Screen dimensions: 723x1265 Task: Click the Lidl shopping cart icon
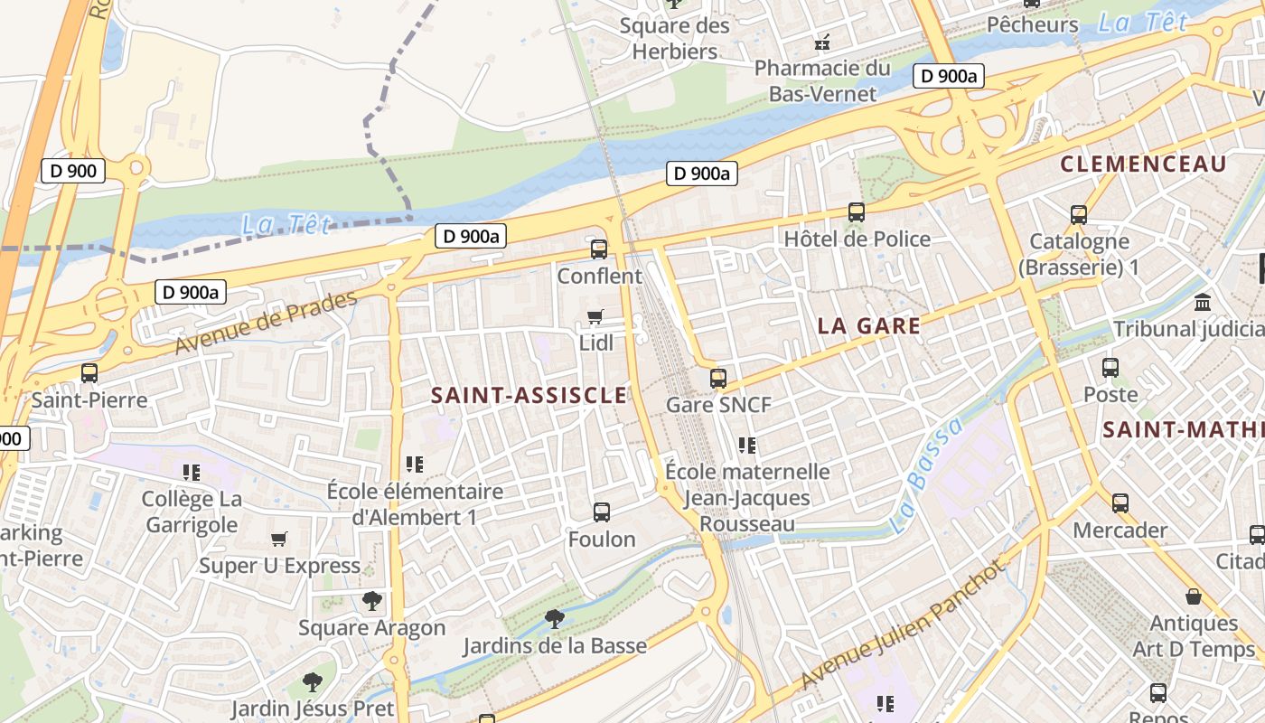coord(595,316)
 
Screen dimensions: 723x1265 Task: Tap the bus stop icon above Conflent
coord(598,249)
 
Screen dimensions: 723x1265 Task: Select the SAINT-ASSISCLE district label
coord(529,395)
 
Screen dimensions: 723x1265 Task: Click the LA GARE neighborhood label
coord(868,326)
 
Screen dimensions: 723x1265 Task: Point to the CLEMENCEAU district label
coord(1143,164)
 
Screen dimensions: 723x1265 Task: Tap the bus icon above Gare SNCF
coord(718,378)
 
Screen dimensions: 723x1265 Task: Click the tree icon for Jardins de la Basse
coord(555,619)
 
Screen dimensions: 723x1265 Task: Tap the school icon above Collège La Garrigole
coord(191,472)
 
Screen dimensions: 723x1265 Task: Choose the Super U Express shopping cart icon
coord(279,540)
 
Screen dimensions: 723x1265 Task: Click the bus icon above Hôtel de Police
coord(857,212)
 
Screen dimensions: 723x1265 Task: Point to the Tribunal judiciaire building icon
coord(1203,302)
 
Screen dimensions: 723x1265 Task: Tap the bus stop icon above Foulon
coord(602,512)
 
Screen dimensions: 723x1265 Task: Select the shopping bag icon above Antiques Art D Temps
coord(1194,596)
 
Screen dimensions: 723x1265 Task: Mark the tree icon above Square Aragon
coord(371,601)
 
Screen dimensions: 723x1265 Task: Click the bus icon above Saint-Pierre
coord(89,372)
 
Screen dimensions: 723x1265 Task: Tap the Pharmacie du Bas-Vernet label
coord(822,80)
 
